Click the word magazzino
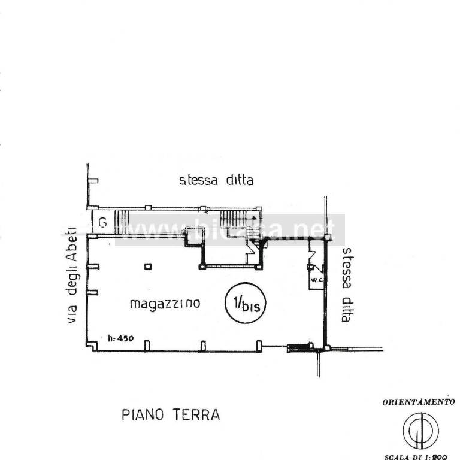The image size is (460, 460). click(x=165, y=304)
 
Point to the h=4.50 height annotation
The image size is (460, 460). click(x=122, y=338)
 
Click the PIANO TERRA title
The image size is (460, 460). click(x=170, y=414)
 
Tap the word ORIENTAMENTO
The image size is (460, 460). click(x=419, y=402)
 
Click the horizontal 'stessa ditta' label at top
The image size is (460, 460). click(x=216, y=180)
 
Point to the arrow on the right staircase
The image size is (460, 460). click(x=254, y=219)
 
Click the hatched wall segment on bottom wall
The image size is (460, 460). click(x=296, y=347)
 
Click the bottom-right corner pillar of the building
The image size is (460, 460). click(x=326, y=347)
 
